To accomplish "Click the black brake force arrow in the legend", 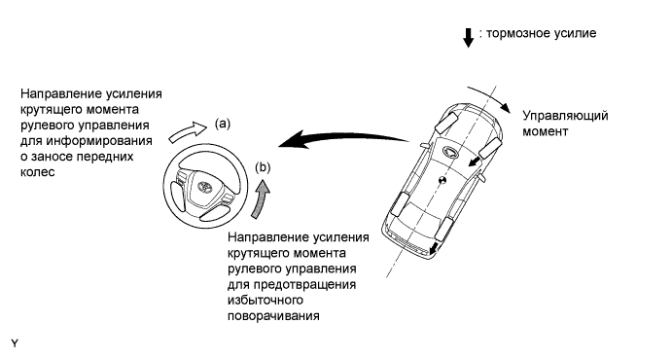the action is click(x=469, y=37).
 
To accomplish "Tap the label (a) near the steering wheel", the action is click(x=223, y=124).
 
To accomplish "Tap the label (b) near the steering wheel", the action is click(x=263, y=167).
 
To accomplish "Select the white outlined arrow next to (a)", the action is click(x=188, y=130).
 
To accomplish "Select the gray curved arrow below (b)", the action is click(x=262, y=198).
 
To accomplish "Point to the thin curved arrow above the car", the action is click(x=491, y=96).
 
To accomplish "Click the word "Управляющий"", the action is click(x=565, y=116).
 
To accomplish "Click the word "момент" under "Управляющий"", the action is click(x=546, y=131).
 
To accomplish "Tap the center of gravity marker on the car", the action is click(x=442, y=180).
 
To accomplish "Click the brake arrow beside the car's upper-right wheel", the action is click(x=474, y=162).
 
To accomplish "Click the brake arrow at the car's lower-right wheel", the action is click(x=435, y=247).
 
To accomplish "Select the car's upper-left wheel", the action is click(x=446, y=122).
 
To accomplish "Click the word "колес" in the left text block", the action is click(x=38, y=172).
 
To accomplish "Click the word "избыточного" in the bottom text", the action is click(x=265, y=300).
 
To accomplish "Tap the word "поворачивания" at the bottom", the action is click(x=273, y=316).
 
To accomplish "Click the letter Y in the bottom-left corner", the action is click(x=15, y=343).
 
